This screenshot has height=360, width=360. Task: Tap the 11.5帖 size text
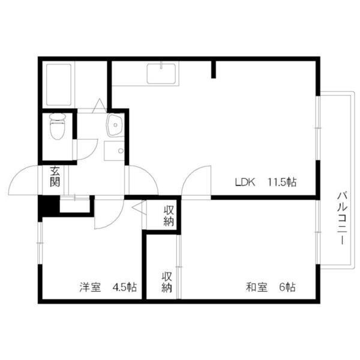(x=282, y=182)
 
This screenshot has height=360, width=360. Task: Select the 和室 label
(x=256, y=287)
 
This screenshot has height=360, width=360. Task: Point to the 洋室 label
(x=90, y=287)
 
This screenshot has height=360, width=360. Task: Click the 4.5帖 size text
(x=124, y=287)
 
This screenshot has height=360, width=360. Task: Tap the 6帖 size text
(x=287, y=287)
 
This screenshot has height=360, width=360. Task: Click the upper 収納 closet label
(x=168, y=215)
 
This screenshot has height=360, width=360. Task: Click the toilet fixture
(x=58, y=127)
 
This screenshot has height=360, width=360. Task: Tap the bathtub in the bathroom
(x=59, y=84)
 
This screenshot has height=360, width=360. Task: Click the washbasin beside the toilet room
(x=114, y=125)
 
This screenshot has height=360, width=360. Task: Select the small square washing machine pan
(x=112, y=151)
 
